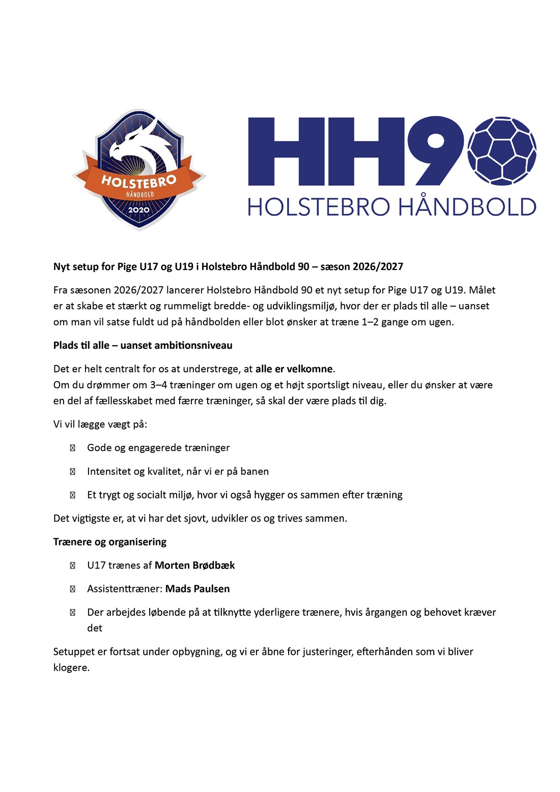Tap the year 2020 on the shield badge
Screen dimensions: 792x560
pos(138,210)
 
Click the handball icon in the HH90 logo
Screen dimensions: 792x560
pos(502,151)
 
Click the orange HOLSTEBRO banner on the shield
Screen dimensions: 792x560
pos(138,181)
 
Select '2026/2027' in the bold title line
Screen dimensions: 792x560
pos(377,266)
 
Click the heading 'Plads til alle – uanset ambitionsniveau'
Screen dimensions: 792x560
pos(143,345)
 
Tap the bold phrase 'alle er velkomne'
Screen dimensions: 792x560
pos(294,369)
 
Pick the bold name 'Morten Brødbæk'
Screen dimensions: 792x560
pos(194,565)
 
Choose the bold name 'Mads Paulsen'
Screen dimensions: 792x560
pos(198,589)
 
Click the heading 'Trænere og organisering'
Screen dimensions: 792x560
pos(109,542)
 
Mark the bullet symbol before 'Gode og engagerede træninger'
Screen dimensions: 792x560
pos(72,448)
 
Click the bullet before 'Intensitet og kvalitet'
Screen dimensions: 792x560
pos(72,472)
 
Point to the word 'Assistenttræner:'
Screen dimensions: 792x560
pos(125,589)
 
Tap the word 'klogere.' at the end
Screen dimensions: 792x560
pos(71,668)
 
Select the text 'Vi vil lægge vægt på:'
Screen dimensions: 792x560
pos(100,424)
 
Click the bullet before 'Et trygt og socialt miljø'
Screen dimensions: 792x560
pos(72,495)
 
